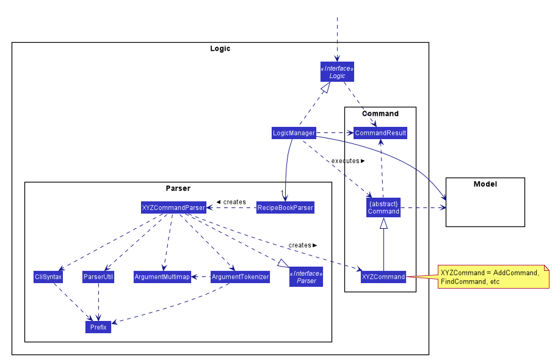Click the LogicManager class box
coord(294,133)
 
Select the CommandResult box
coord(380,133)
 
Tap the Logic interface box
coord(337,72)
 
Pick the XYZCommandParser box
coord(173,207)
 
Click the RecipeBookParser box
coord(285,207)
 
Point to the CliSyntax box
coord(48,276)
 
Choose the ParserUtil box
coord(98,276)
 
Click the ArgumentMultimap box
coord(162,276)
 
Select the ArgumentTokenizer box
coord(240,276)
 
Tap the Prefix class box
coord(98,327)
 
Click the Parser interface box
coord(306,277)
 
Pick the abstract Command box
coord(383,207)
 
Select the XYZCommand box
coord(383,276)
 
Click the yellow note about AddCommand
coord(493,277)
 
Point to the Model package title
coord(485,184)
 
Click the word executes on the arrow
coord(345,161)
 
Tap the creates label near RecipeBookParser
coord(234,202)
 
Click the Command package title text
coord(380,113)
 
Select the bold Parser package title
coord(178,188)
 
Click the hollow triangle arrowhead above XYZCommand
coord(383,223)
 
